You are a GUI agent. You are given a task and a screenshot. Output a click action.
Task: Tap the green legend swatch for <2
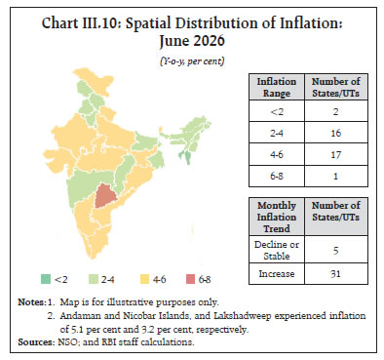46,279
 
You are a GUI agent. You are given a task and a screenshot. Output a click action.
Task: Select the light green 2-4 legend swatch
94,279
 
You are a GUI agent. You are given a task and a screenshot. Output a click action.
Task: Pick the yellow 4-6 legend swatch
144,279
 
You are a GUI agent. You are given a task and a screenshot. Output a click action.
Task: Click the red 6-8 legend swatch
190,279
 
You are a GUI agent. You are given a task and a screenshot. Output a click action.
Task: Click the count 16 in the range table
336,133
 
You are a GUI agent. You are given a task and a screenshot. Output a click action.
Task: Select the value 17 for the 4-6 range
336,154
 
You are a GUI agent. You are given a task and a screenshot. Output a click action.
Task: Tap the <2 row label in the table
277,112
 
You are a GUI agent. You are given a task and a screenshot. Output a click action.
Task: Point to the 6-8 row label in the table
277,176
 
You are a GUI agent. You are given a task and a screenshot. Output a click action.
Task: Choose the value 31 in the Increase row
336,273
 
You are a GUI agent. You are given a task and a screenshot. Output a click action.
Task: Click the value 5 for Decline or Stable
336,250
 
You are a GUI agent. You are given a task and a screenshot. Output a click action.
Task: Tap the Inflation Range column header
277,87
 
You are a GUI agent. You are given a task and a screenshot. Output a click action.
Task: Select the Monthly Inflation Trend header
277,217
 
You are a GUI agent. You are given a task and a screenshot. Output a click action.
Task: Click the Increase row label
277,274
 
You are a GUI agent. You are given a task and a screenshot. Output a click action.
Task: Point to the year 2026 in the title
208,41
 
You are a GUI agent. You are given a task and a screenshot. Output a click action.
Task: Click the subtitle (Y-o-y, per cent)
192,61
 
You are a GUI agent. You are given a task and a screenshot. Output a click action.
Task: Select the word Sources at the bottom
36,342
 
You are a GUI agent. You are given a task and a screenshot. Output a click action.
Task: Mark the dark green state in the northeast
186,157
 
